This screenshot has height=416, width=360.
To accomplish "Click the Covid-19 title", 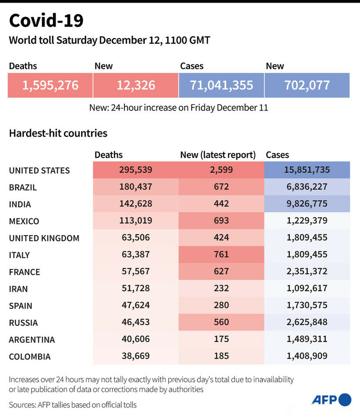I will pos(46,20).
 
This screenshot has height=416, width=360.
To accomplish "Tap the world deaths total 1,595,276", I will pos(50,85).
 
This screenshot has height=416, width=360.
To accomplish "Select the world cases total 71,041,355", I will pos(221,85).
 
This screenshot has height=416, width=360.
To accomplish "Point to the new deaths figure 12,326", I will pos(136,85).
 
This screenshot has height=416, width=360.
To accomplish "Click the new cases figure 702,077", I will pos(307,85).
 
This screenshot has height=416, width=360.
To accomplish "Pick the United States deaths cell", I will pos(136,170).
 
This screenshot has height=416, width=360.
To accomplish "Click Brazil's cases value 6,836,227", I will pos(307,187).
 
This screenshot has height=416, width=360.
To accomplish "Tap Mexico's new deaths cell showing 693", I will pos(221,221).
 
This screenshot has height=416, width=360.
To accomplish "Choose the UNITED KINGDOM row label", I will pos(44,238).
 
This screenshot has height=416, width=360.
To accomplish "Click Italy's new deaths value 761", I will pos(221,255).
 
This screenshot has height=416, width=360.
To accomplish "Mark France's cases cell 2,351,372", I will pos(307,272).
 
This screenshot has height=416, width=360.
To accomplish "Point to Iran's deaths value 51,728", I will pos(136,289).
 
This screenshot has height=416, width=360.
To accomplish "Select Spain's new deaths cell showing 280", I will pos(221,305).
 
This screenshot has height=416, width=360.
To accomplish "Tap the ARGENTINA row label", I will pos(32,340).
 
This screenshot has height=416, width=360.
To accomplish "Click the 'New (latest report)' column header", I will pos(218,155).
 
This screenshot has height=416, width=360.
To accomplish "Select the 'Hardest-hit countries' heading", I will pos(58,133).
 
